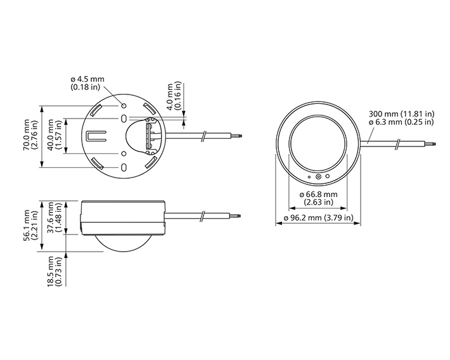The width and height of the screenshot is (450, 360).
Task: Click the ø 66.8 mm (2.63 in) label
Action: point(318,198)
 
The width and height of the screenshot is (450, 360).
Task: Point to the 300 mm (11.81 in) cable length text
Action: point(401,115)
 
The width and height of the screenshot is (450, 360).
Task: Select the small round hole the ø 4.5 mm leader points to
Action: point(124,104)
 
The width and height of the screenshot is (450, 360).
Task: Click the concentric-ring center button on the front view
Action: point(318,178)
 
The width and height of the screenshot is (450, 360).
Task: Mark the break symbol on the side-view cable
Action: point(201,217)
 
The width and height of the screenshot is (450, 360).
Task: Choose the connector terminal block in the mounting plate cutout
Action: point(151,136)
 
